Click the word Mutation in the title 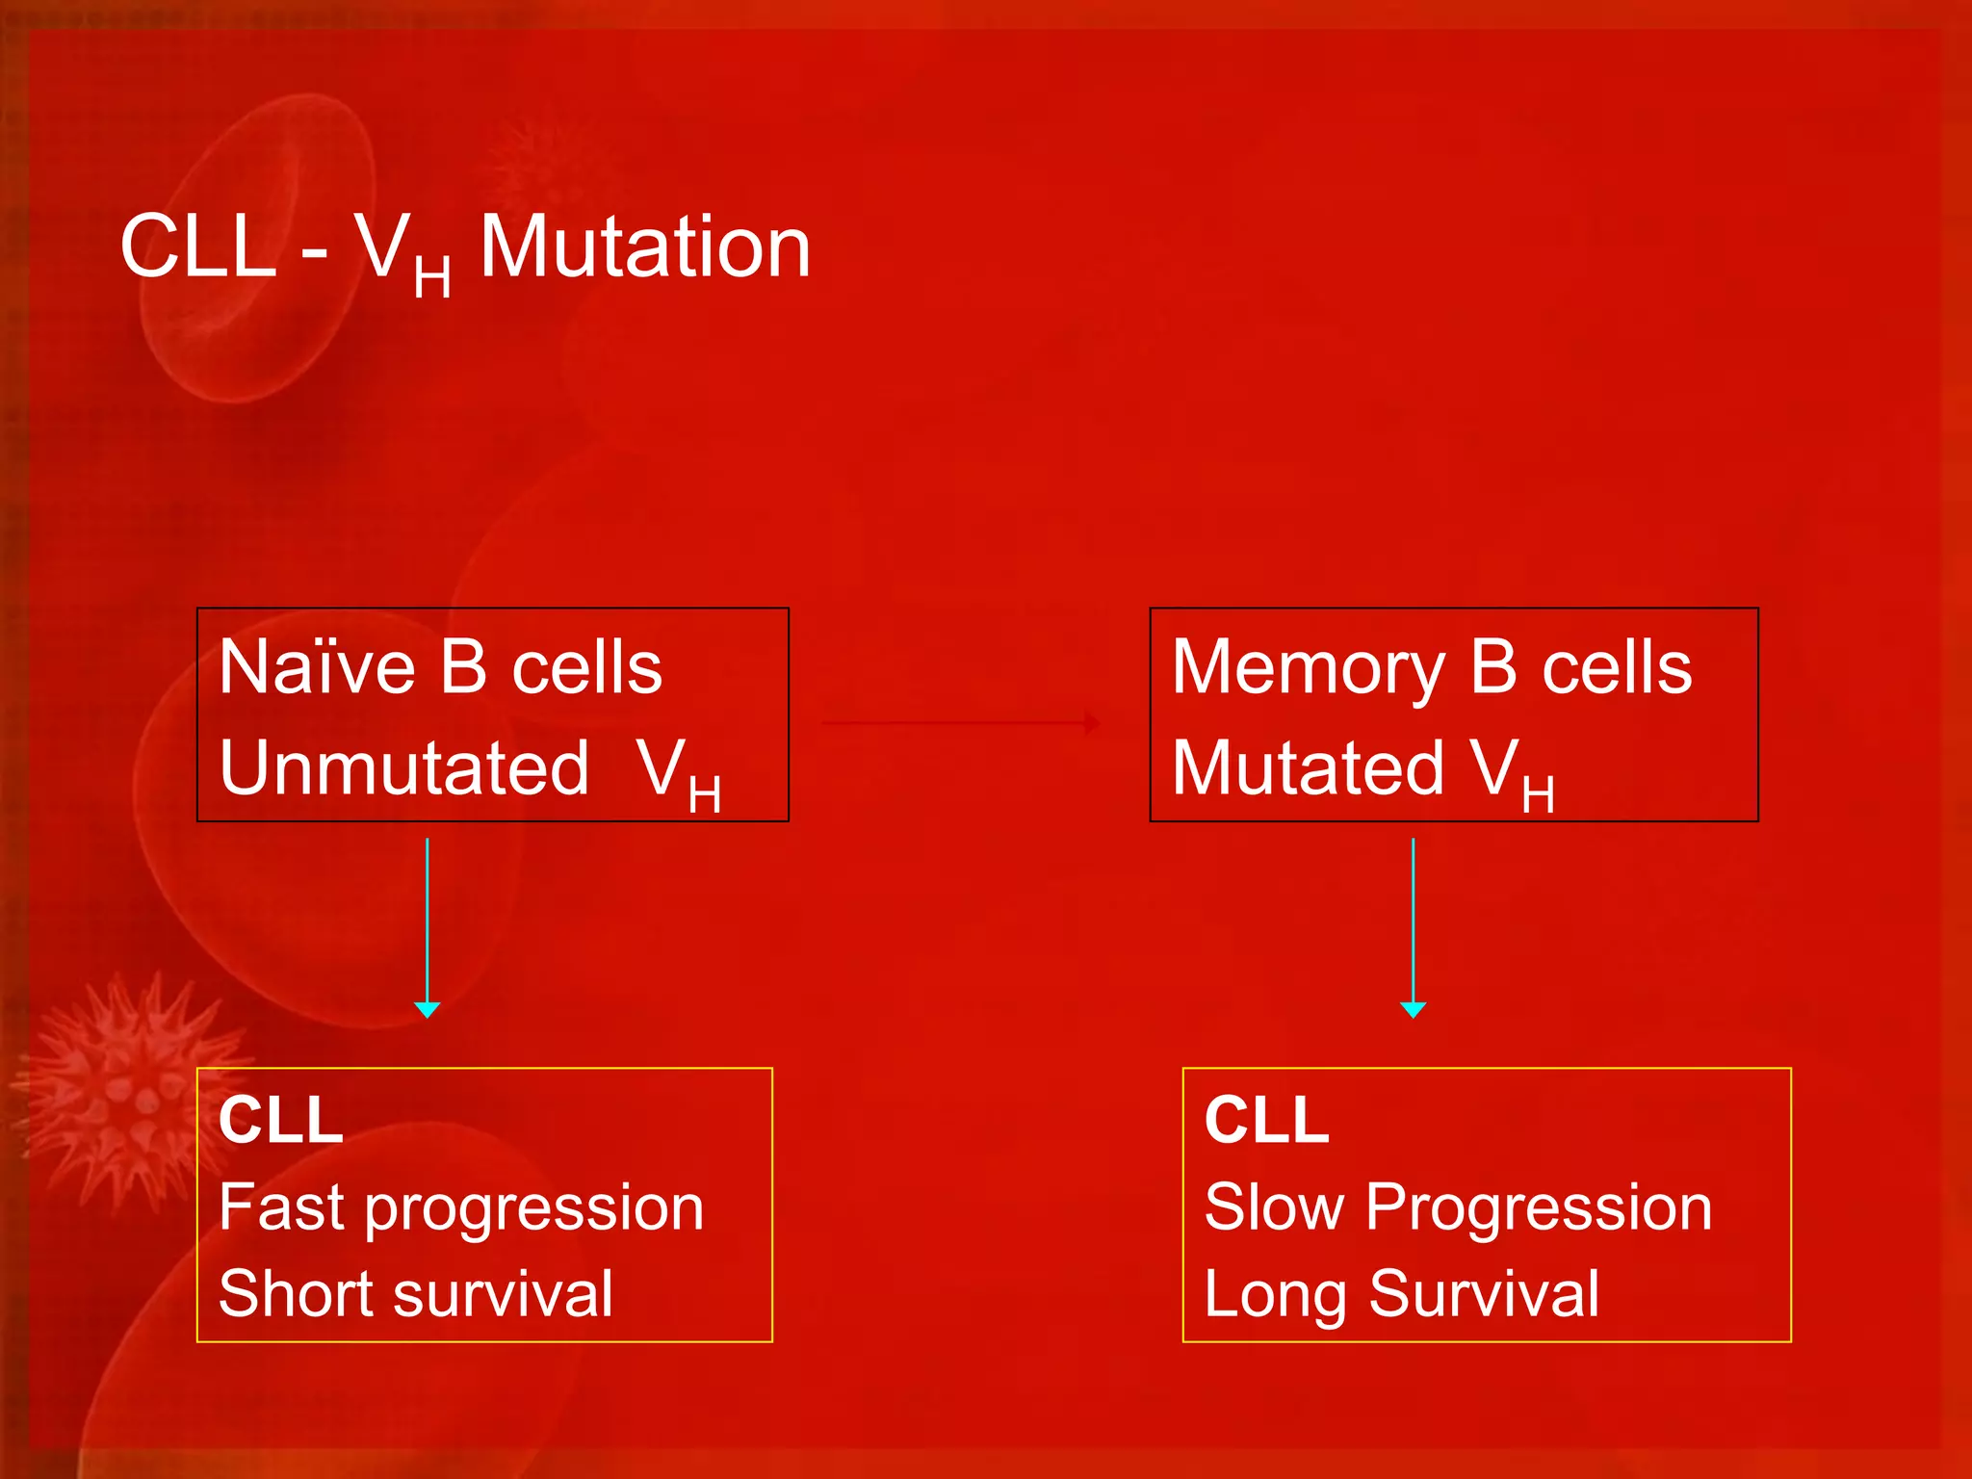645,247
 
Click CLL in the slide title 198,247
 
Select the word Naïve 317,667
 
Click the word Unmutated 403,768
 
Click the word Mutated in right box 1308,768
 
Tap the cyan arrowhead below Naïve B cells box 428,1008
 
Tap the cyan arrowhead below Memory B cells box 1413,1008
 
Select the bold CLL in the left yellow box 280,1120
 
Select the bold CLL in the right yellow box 1266,1120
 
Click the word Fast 280,1207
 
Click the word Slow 1274,1207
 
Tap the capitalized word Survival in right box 1484,1293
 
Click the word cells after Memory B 1617,667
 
